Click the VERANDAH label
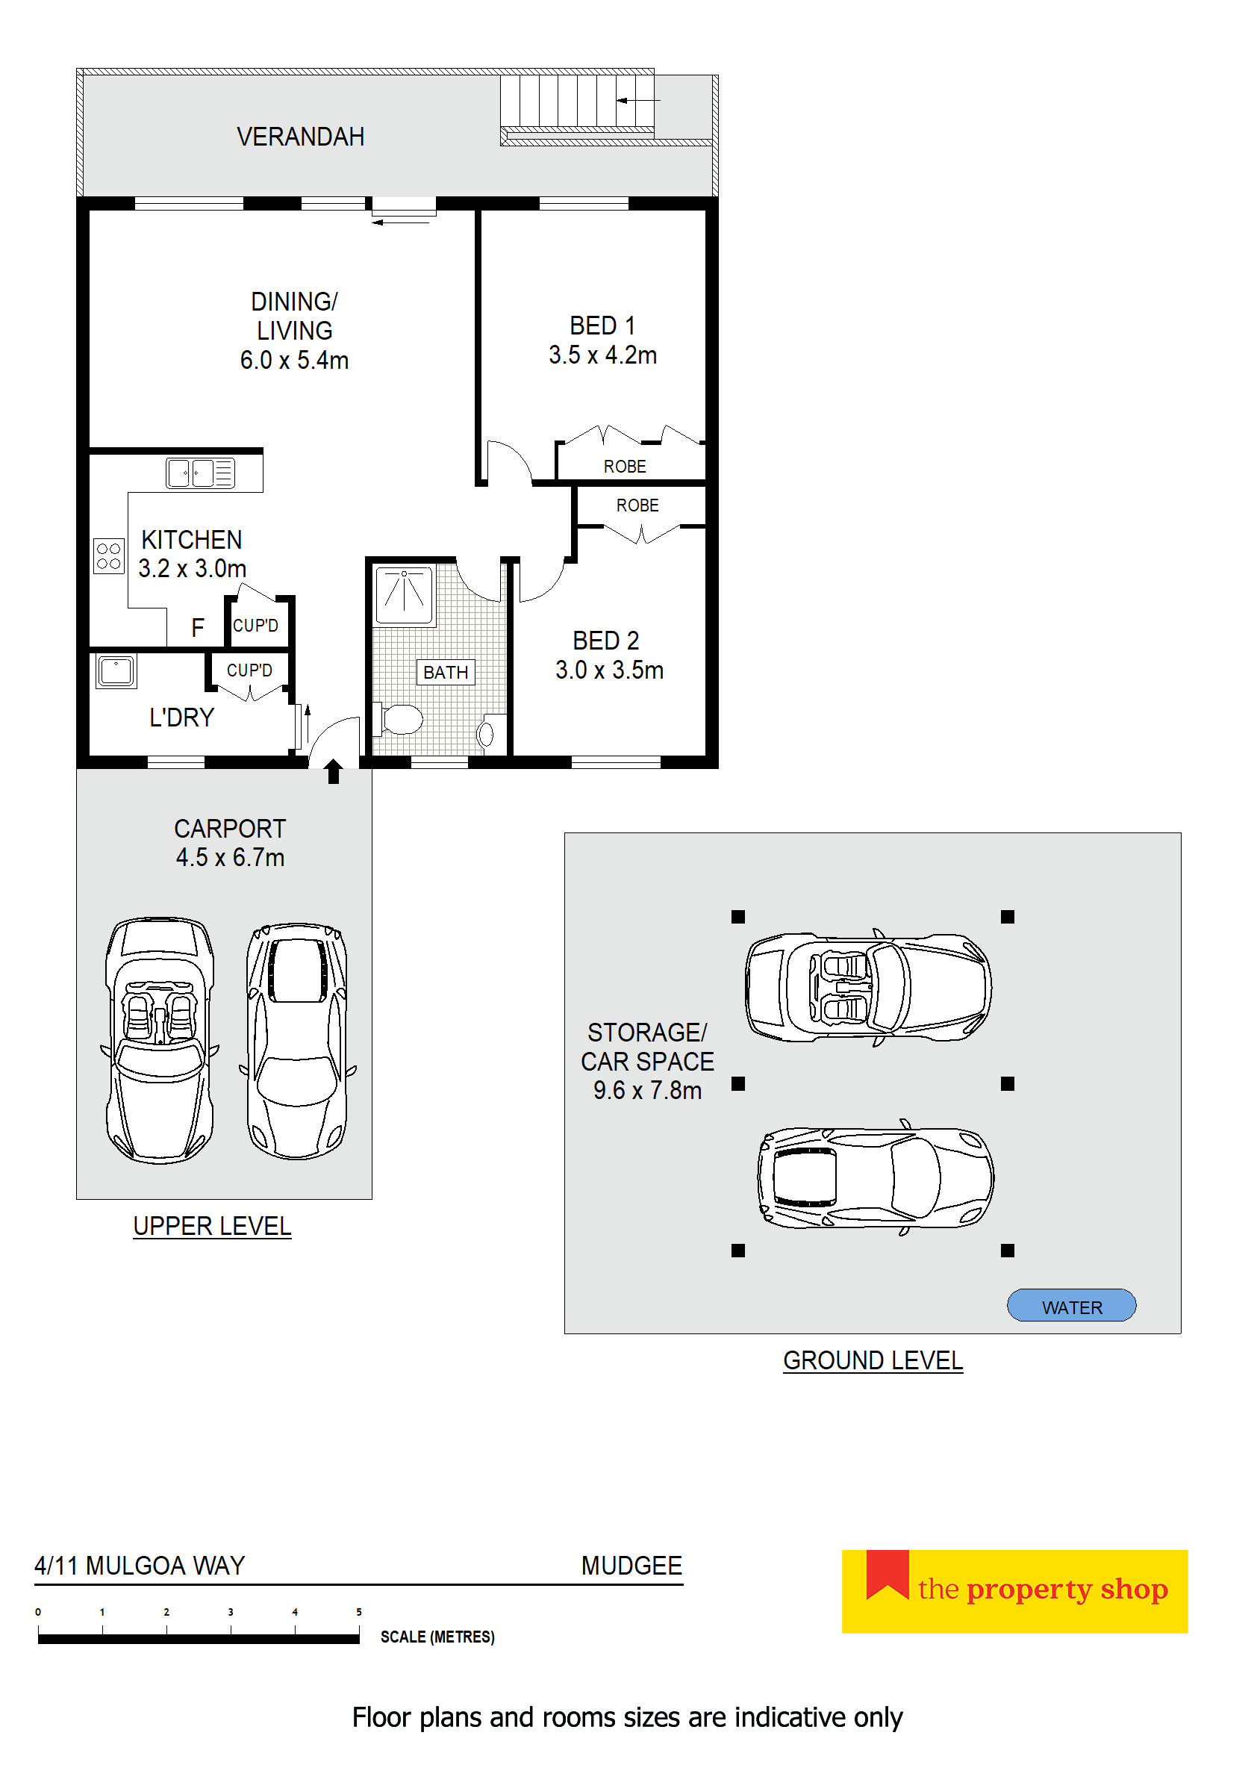click(x=300, y=137)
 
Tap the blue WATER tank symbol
click(x=1070, y=1307)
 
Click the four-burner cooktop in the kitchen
click(x=108, y=555)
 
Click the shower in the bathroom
click(x=403, y=594)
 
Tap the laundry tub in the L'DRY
click(x=116, y=670)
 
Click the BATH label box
click(x=445, y=672)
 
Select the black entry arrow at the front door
click(x=334, y=771)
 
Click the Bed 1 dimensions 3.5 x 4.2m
click(x=602, y=355)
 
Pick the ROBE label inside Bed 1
click(x=625, y=467)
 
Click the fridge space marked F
click(x=197, y=628)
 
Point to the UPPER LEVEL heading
click(x=212, y=1226)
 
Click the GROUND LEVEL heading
click(x=873, y=1360)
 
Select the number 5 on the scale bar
click(x=358, y=1612)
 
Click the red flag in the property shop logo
click(x=887, y=1574)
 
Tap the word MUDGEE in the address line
click(x=631, y=1565)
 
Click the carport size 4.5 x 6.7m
click(x=230, y=858)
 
